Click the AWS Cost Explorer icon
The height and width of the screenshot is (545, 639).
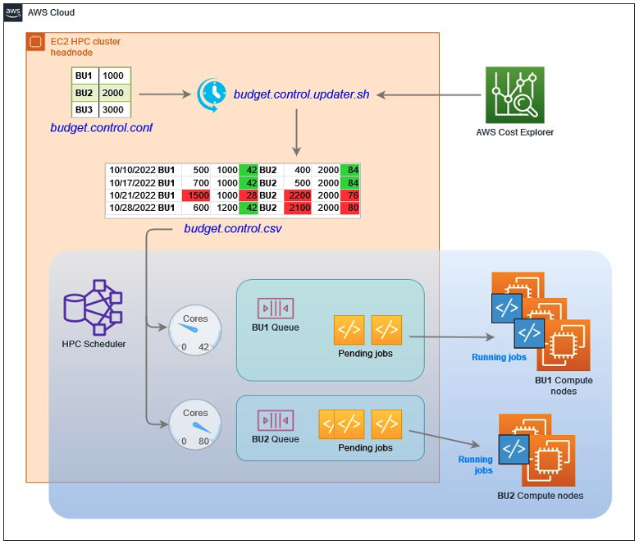pos(514,95)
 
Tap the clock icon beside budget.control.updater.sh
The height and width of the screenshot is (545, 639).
pos(212,95)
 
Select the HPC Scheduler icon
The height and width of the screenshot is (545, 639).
pos(93,306)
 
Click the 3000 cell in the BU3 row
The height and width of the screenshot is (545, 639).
pos(115,110)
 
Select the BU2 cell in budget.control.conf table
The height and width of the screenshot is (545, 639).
pos(84,93)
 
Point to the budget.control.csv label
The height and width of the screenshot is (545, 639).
pos(232,229)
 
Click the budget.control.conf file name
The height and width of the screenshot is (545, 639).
pos(101,128)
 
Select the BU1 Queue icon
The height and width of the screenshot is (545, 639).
pos(276,309)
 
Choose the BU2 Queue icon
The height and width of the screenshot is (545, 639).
pos(276,420)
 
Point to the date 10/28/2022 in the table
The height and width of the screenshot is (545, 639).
pos(132,208)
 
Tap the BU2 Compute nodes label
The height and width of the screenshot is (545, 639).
pos(540,495)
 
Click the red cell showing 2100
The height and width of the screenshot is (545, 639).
pos(296,208)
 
